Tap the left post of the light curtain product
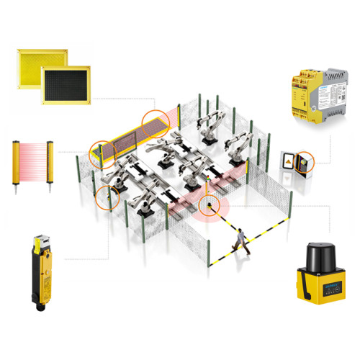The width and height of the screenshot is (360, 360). (x=15, y=165)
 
